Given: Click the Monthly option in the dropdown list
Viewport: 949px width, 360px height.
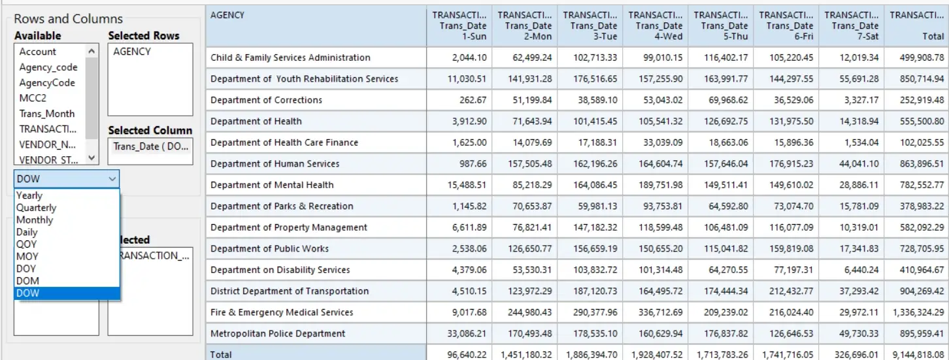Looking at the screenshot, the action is (35, 220).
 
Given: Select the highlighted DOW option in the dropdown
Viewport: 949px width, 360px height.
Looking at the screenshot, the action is (67, 293).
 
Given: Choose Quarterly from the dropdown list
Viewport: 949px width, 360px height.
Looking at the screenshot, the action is (36, 208).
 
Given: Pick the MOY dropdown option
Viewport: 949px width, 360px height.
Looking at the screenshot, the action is (27, 256).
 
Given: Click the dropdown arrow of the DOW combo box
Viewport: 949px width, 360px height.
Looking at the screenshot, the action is (112, 179).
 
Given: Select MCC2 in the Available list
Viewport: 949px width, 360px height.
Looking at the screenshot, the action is (33, 98).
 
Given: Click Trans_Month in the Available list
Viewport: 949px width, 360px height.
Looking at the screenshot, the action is (46, 114).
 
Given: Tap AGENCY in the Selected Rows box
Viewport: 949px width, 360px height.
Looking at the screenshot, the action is (132, 51).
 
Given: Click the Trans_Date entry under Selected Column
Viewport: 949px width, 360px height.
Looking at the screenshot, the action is (150, 146).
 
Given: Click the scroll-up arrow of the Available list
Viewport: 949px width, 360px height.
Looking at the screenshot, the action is (92, 51).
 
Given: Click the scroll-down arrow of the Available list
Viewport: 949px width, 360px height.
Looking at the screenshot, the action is (92, 157).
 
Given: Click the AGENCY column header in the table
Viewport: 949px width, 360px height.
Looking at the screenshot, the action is (227, 15).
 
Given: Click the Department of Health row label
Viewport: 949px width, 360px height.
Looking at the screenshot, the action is (256, 121).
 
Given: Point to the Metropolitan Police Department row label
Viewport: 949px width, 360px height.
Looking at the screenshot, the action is (278, 333).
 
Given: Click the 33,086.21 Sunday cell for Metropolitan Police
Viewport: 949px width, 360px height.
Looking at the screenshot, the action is (467, 333).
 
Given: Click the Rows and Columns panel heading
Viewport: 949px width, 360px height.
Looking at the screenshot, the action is (68, 19).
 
